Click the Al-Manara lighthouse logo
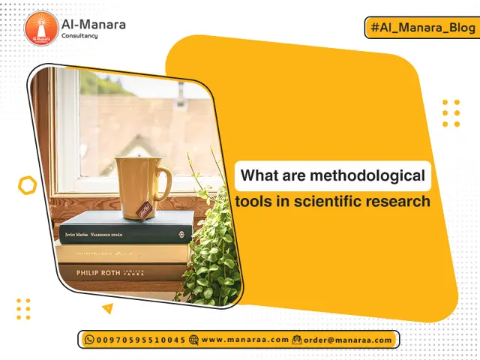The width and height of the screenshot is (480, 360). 42,29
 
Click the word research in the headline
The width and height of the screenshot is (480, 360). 406,201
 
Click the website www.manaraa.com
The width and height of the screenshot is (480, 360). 244,340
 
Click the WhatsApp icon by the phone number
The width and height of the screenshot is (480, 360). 89,340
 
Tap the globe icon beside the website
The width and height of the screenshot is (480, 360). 194,340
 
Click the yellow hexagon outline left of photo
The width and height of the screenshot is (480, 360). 27,184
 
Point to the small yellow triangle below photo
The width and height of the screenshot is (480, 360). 108,307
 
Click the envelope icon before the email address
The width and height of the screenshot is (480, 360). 297,340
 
